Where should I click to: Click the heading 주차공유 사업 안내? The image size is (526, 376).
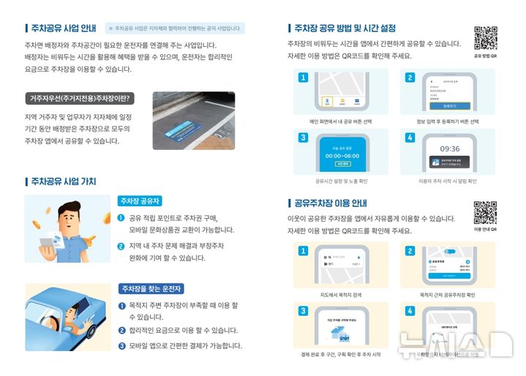[x=64, y=29]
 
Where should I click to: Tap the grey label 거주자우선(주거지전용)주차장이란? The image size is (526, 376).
[x=78, y=98]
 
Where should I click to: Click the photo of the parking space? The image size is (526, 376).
[x=193, y=121]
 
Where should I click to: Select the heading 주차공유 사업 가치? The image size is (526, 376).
[x=64, y=181]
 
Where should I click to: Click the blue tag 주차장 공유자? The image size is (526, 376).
[x=140, y=200]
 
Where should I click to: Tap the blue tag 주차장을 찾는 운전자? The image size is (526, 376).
[x=151, y=288]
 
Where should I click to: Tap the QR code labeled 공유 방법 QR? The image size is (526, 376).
[x=485, y=37]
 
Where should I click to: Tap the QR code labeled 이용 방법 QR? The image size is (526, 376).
[x=485, y=212]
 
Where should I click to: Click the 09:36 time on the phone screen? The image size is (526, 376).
[x=449, y=148]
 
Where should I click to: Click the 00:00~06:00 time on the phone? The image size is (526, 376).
[x=342, y=155]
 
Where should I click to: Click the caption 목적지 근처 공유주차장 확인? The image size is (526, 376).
[x=448, y=295]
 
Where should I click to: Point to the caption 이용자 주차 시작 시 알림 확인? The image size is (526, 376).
[x=448, y=181]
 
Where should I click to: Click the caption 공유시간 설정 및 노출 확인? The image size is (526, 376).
[x=341, y=181]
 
